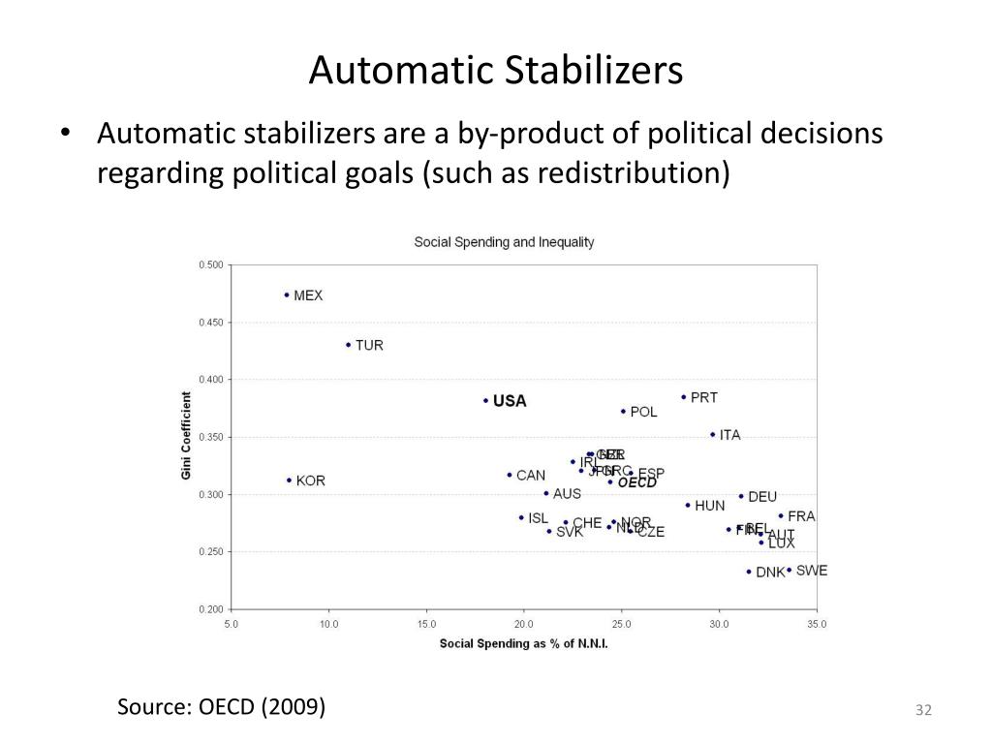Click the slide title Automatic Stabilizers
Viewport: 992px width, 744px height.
495,71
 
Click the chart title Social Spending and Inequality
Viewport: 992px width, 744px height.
504,242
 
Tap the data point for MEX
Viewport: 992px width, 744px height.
287,294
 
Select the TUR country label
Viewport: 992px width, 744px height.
369,346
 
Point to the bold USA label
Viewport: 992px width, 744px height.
510,401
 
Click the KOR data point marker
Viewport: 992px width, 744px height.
289,480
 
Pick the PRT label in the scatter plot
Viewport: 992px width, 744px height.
704,397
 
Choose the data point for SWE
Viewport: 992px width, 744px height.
789,571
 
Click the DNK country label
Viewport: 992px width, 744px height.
770,573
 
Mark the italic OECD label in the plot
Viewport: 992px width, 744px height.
637,482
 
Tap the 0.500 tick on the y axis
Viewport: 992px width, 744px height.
210,265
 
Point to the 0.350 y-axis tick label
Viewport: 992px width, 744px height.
210,438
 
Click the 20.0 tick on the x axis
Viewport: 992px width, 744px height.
524,625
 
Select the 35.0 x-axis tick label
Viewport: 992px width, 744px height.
817,625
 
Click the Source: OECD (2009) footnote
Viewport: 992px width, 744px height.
222,707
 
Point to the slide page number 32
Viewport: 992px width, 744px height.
922,712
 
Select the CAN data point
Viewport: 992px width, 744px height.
510,475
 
